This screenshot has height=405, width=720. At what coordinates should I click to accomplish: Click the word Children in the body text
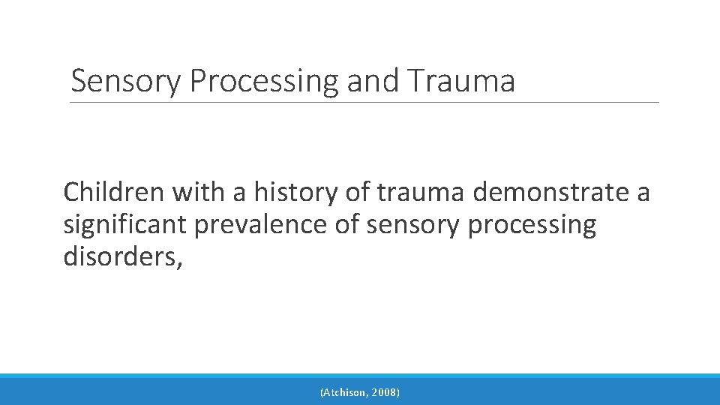(x=113, y=193)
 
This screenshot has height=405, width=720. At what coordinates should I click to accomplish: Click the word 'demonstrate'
(x=552, y=193)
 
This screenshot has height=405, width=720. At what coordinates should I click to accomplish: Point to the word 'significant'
(x=127, y=225)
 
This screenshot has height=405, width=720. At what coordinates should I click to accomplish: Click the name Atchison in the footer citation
(x=347, y=392)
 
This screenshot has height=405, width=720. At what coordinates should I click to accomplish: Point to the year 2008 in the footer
(x=385, y=392)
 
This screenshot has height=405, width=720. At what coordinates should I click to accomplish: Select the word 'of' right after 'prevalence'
(x=345, y=224)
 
